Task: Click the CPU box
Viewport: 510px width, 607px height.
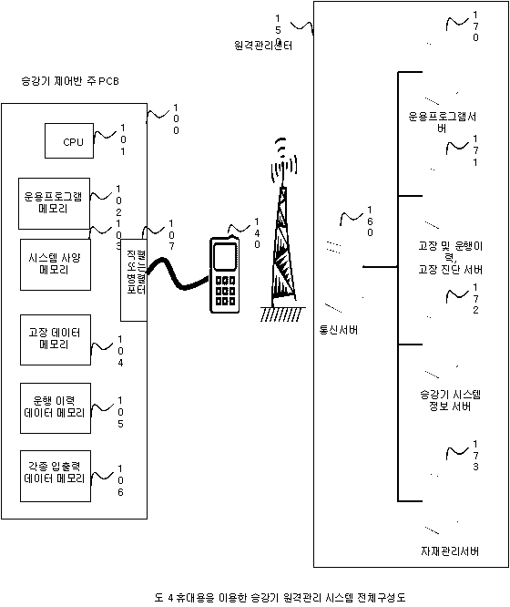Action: pyautogui.click(x=73, y=141)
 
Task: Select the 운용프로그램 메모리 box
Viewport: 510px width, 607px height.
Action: pyautogui.click(x=54, y=202)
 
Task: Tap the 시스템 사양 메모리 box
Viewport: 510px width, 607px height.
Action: pyautogui.click(x=54, y=263)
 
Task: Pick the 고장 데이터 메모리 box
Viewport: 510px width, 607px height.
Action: pyautogui.click(x=54, y=339)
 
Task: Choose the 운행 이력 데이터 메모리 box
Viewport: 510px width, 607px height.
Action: pyautogui.click(x=54, y=407)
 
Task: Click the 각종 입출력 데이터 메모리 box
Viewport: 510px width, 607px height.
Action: pyautogui.click(x=54, y=474)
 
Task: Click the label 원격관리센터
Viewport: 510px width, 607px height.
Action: pyautogui.click(x=262, y=45)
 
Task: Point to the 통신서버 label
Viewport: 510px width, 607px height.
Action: pyautogui.click(x=338, y=330)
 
